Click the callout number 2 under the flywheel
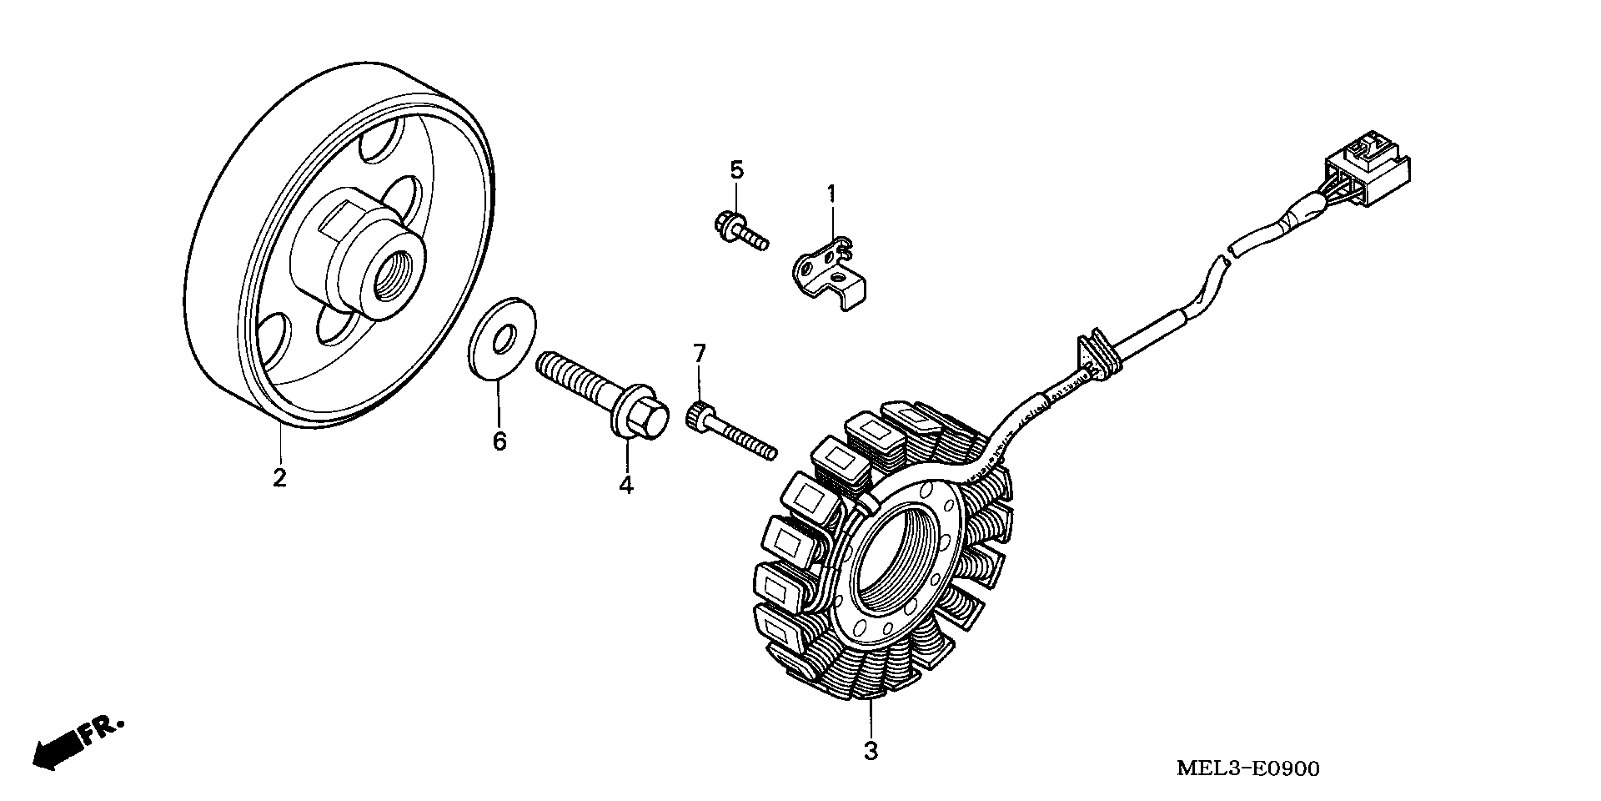[x=279, y=478]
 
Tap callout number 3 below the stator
[x=871, y=751]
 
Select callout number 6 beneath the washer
[x=499, y=441]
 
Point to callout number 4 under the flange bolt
[x=626, y=484]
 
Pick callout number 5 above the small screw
[x=735, y=170]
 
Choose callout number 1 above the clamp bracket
[x=831, y=194]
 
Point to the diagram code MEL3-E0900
[x=1247, y=768]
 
